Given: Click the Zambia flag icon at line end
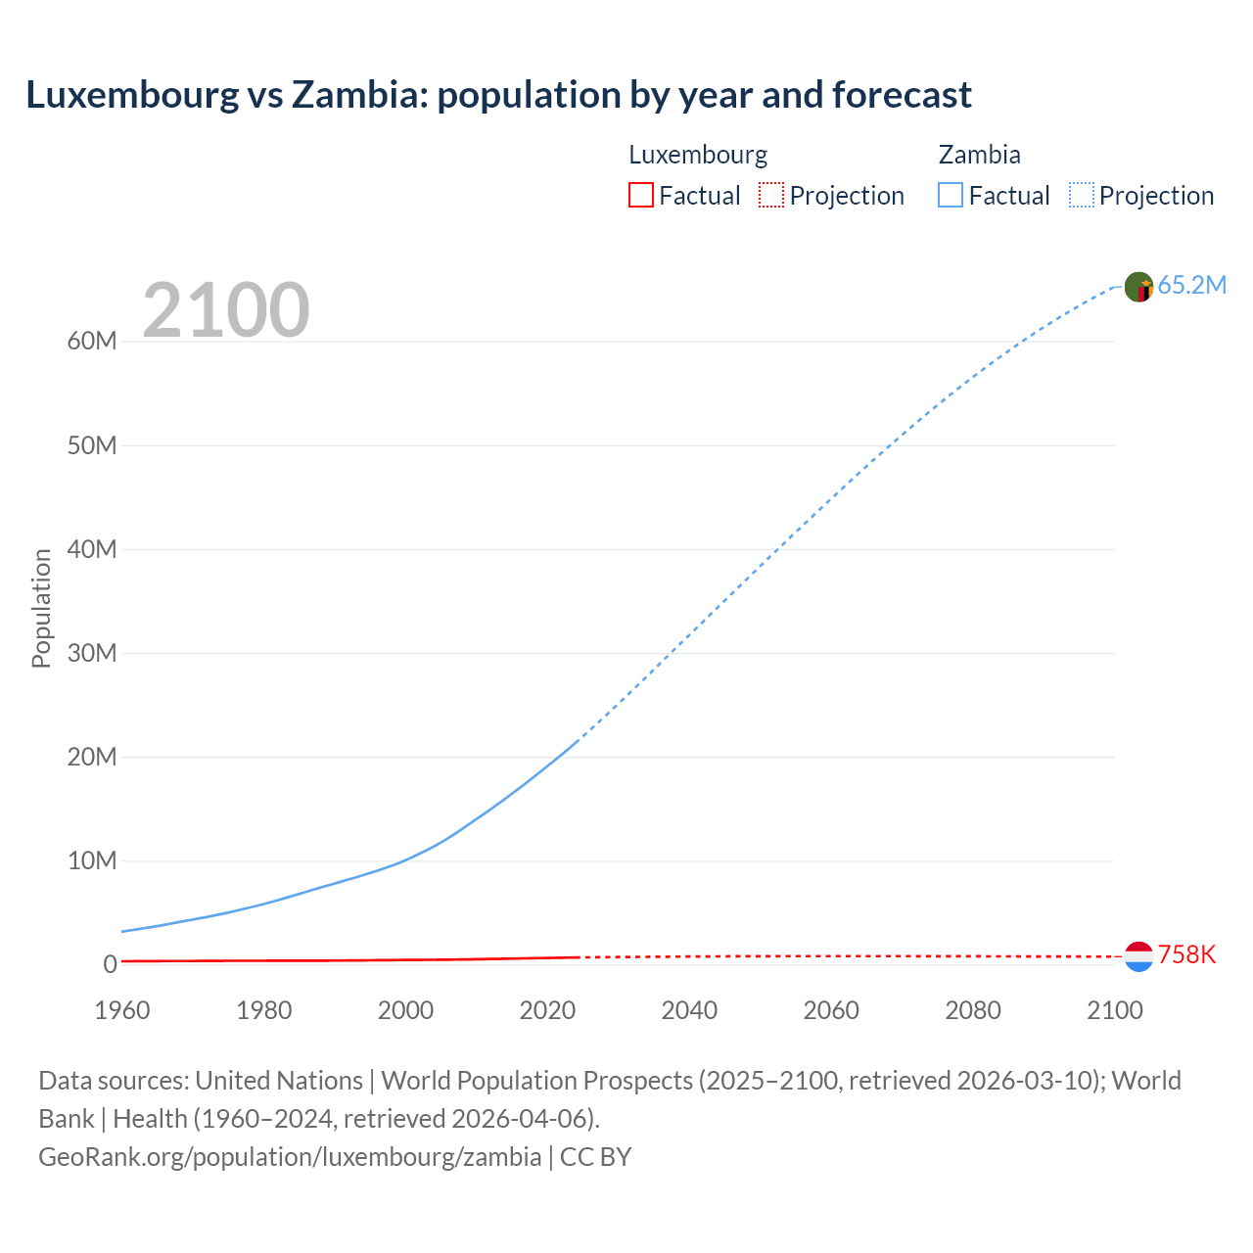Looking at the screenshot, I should (1138, 287).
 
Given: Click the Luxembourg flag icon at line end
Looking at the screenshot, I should (1138, 956).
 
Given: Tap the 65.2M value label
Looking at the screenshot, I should (1191, 285).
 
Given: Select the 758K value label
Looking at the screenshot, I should (1186, 954).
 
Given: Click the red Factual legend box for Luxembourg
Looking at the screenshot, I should (640, 195).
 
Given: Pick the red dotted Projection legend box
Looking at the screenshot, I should (771, 195).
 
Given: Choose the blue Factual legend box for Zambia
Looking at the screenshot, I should (951, 195).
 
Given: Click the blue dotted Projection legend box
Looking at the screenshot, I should (1082, 195).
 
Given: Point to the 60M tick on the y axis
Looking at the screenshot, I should (92, 341).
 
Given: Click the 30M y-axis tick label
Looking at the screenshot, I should (92, 653).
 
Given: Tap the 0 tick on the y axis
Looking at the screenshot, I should (110, 964).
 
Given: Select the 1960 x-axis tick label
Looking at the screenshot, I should (122, 1010).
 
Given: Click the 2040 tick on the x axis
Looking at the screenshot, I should (689, 1010).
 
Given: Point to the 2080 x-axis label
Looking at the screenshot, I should (973, 1010).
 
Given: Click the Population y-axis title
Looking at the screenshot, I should (41, 608).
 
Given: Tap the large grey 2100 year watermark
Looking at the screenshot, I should (226, 310).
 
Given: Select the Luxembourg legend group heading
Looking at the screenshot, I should (698, 155).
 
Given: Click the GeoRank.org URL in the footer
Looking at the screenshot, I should (290, 1156).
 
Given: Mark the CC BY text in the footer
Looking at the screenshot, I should (595, 1156).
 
